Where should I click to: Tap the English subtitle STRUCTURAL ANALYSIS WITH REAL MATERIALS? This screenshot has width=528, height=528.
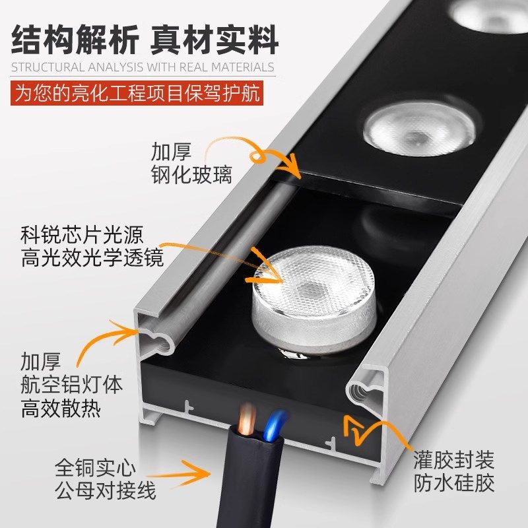coord(142,67)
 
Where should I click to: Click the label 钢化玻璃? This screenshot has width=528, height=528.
coord(191,176)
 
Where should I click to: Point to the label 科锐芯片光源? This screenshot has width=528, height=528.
coord(82,234)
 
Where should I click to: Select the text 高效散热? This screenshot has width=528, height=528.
coord(61,409)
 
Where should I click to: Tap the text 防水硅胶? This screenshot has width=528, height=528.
coord(454,483)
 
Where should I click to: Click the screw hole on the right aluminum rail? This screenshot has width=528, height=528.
coord(363,389)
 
